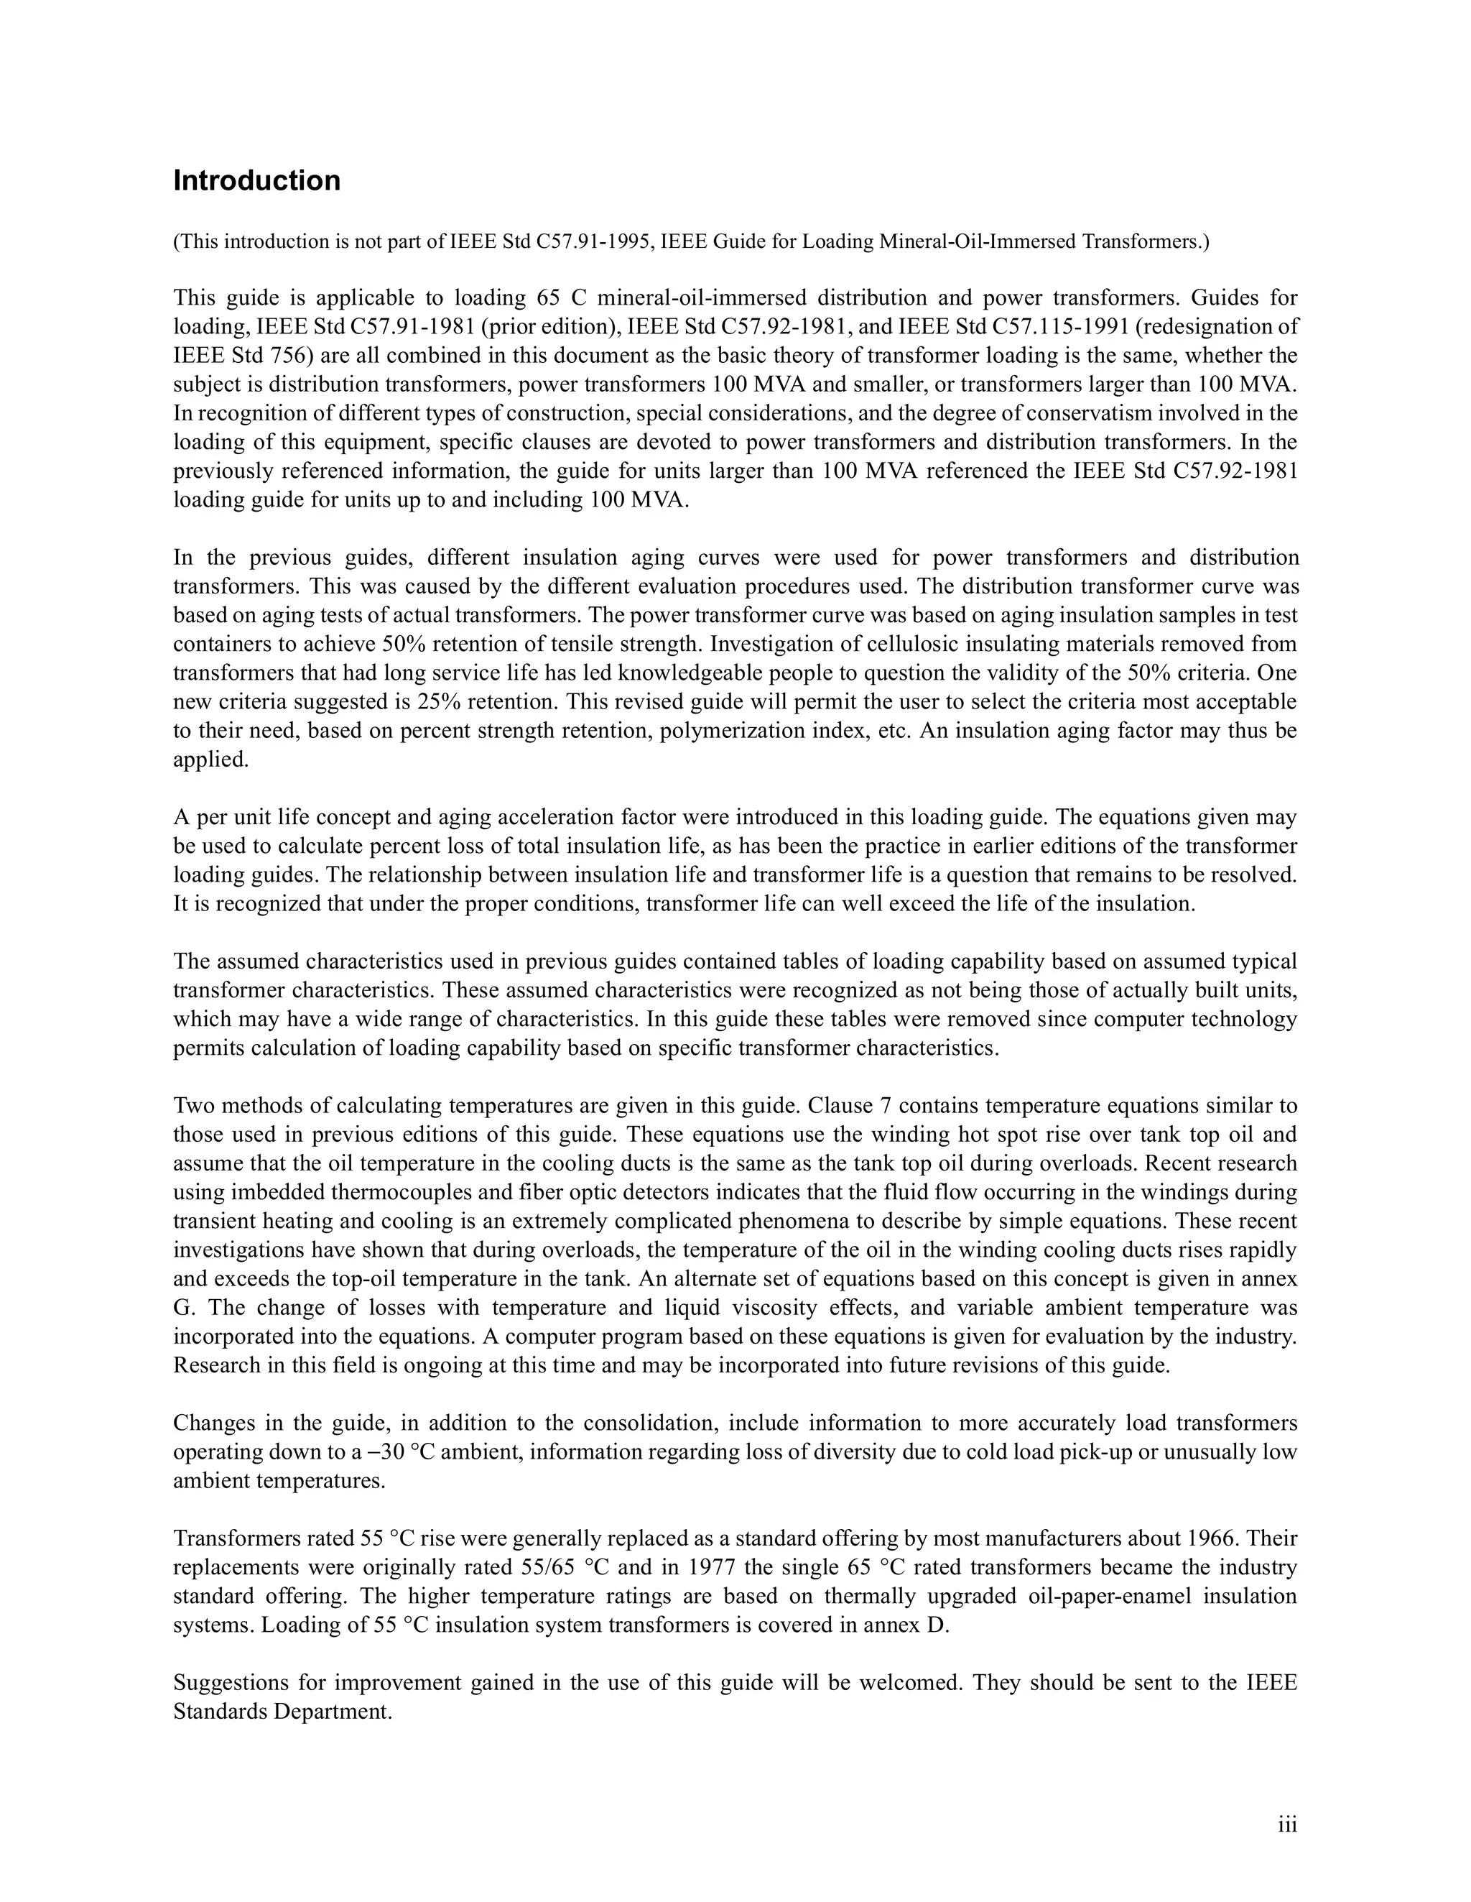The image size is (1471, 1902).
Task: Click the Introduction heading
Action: point(256,181)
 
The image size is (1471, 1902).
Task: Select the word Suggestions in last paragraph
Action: point(229,1681)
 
